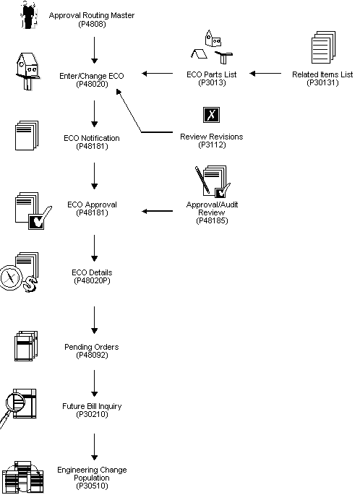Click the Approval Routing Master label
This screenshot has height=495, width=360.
pos(91,15)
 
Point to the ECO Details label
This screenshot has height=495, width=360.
pos(92,272)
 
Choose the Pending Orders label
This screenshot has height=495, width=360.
pos(92,348)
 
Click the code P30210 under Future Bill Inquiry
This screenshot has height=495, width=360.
pos(92,415)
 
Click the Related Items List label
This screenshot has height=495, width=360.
pos(322,74)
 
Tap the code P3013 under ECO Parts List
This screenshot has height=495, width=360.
pos(212,83)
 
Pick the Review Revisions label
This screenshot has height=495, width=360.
pos(211,137)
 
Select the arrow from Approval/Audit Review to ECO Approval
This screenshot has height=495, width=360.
pos(163,212)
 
